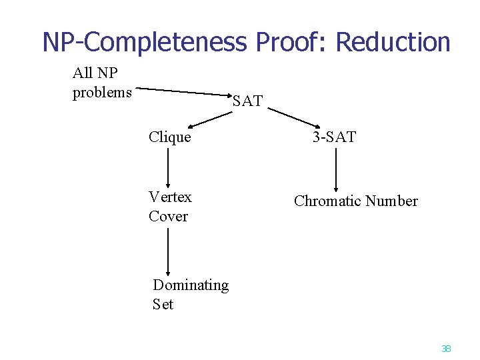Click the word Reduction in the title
(393, 42)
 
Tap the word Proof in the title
(293, 42)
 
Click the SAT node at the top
(247, 102)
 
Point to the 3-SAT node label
(335, 137)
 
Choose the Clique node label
(170, 137)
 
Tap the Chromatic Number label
(355, 201)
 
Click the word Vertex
(170, 197)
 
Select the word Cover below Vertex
(168, 216)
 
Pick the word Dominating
(191, 285)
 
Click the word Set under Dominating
(163, 305)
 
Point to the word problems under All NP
(102, 93)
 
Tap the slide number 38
(446, 348)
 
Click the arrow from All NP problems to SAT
(184, 92)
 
